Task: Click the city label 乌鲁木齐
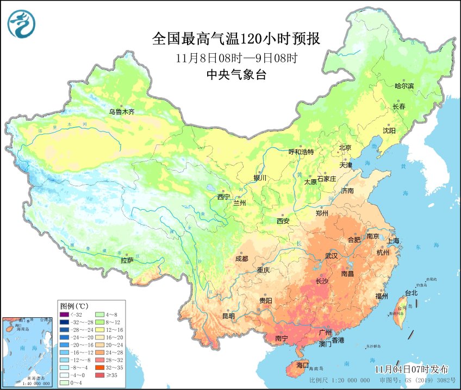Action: tap(121, 112)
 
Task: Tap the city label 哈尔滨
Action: tap(404, 86)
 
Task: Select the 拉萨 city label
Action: tap(127, 261)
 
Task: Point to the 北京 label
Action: tap(345, 147)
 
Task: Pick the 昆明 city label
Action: tap(228, 316)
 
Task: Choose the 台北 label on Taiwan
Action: tap(411, 293)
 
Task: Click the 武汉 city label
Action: tap(331, 255)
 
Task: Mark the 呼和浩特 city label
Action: tap(301, 152)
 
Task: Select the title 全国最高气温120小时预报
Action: tap(236, 40)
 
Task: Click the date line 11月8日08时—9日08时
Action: tap(236, 58)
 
